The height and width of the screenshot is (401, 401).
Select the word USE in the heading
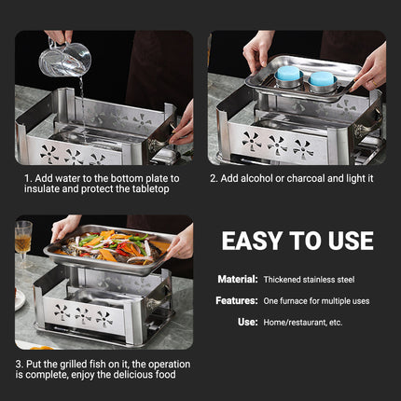(344, 241)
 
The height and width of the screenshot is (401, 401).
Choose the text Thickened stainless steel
(310, 280)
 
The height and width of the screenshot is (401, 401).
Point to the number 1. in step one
(26, 178)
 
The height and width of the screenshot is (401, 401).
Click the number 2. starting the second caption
(214, 178)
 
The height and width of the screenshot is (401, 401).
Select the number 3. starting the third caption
(19, 364)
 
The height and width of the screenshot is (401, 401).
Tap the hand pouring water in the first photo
(58, 37)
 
